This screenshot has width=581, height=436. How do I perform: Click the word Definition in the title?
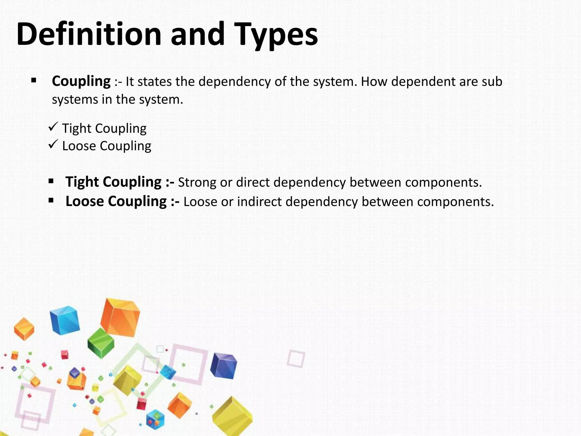(x=89, y=34)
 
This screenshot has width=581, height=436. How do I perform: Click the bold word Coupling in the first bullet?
(x=81, y=81)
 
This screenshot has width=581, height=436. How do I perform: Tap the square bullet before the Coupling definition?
(x=34, y=80)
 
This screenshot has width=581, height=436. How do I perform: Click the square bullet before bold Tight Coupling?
(x=51, y=181)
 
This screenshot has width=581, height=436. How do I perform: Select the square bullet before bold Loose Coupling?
(x=51, y=200)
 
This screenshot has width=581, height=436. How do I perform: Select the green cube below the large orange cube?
(x=101, y=343)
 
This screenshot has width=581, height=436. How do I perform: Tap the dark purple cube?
(x=224, y=366)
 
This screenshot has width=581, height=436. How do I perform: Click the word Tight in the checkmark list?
(x=77, y=128)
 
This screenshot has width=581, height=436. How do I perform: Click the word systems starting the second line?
(x=75, y=100)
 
